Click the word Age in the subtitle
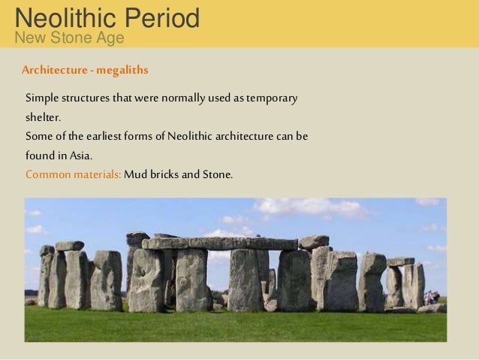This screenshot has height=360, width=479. (x=111, y=37)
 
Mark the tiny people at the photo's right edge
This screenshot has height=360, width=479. (x=432, y=298)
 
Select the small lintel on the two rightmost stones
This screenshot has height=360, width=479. (x=400, y=262)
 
